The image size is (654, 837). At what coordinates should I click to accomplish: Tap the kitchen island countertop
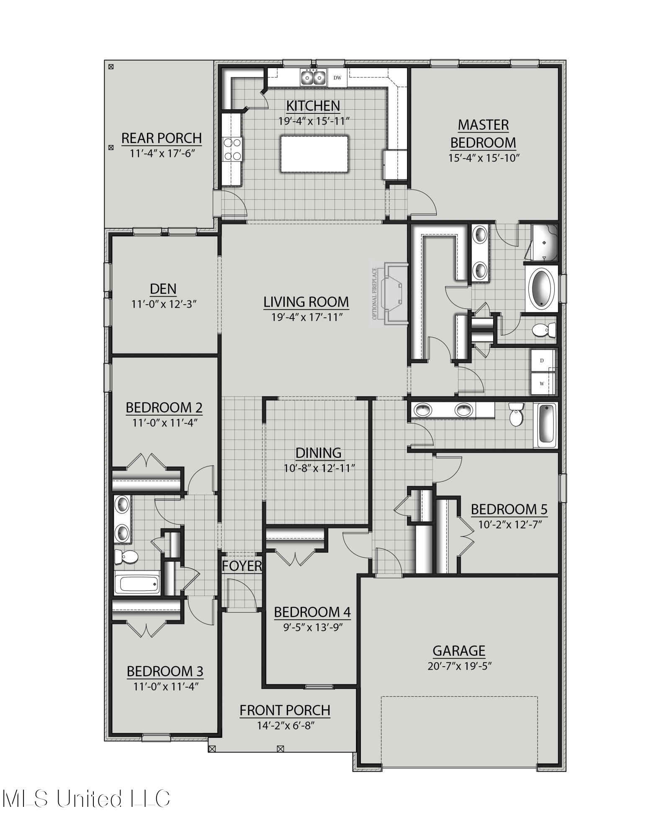tap(314, 154)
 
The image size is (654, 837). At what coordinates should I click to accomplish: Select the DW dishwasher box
tap(337, 77)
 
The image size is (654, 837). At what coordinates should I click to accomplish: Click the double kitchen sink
tap(313, 77)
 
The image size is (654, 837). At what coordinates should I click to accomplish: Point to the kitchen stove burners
tap(233, 149)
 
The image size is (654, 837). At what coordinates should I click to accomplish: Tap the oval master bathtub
tap(541, 288)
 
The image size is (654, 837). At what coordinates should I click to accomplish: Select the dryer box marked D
tap(542, 360)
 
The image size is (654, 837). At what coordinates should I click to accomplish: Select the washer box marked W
tap(542, 383)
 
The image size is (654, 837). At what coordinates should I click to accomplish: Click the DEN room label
tap(163, 289)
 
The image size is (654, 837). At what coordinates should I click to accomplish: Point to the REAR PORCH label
tap(161, 138)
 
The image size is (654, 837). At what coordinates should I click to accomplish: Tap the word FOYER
tap(242, 566)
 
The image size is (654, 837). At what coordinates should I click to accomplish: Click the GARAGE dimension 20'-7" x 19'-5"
tap(459, 666)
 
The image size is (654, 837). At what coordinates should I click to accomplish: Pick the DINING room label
tap(318, 452)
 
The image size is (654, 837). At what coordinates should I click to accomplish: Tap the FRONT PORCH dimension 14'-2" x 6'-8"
tap(285, 725)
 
